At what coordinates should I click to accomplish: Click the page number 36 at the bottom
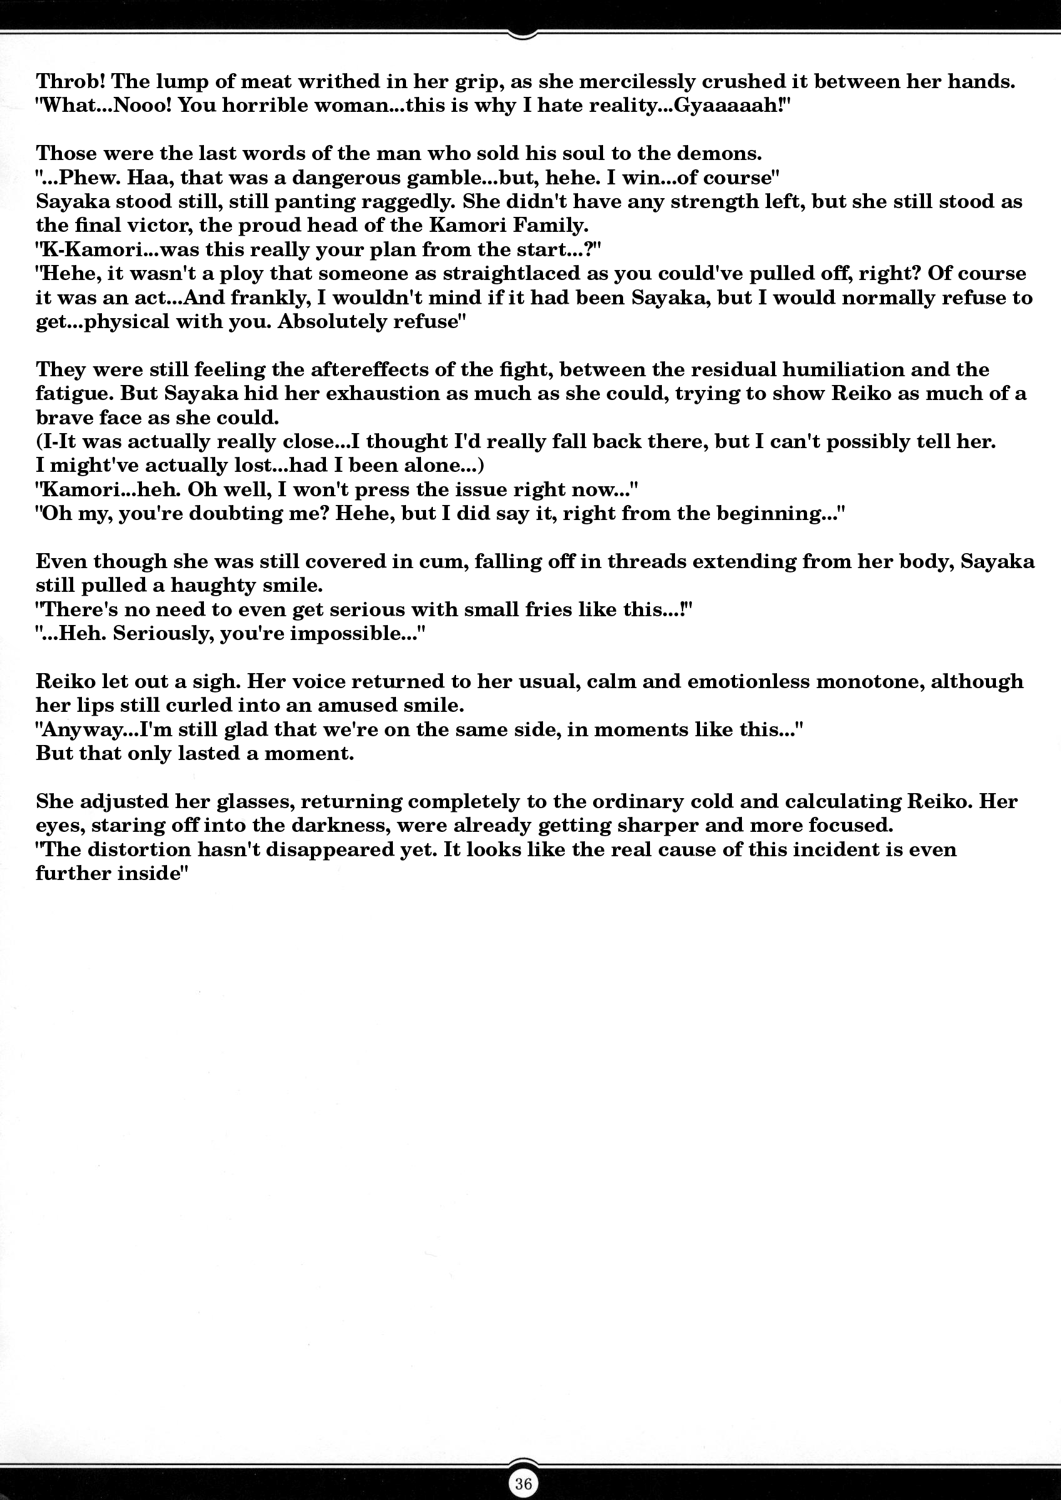523,1483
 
